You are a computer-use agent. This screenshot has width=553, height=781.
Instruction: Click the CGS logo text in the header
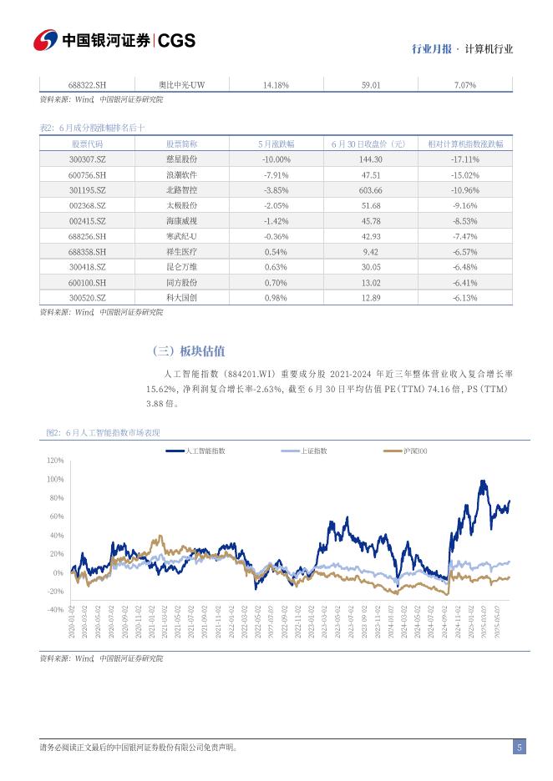(176, 40)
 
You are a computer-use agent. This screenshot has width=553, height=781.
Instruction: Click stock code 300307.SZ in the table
(88, 159)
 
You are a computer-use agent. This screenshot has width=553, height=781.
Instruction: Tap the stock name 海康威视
(181, 221)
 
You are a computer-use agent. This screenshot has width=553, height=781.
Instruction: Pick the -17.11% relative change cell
(464, 159)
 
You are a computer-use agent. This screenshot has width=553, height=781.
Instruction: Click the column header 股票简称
(181, 144)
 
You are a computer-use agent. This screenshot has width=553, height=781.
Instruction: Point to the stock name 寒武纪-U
(181, 236)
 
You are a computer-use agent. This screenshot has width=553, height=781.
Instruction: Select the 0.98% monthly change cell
(275, 298)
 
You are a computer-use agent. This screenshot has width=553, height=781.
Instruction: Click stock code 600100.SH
(88, 282)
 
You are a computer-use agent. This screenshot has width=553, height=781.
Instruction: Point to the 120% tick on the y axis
(55, 461)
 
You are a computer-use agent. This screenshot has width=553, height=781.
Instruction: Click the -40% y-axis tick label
(55, 610)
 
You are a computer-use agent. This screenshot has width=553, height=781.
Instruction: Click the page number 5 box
(519, 748)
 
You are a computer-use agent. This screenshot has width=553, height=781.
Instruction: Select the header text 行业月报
(431, 49)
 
